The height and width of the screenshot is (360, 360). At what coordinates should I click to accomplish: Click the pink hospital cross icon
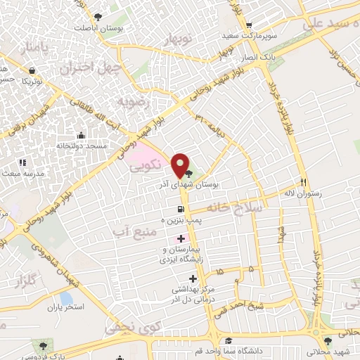(181, 239)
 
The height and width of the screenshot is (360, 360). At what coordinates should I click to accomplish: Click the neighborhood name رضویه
(134, 103)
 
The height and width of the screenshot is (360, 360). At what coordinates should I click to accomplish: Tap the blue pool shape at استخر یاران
(66, 299)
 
